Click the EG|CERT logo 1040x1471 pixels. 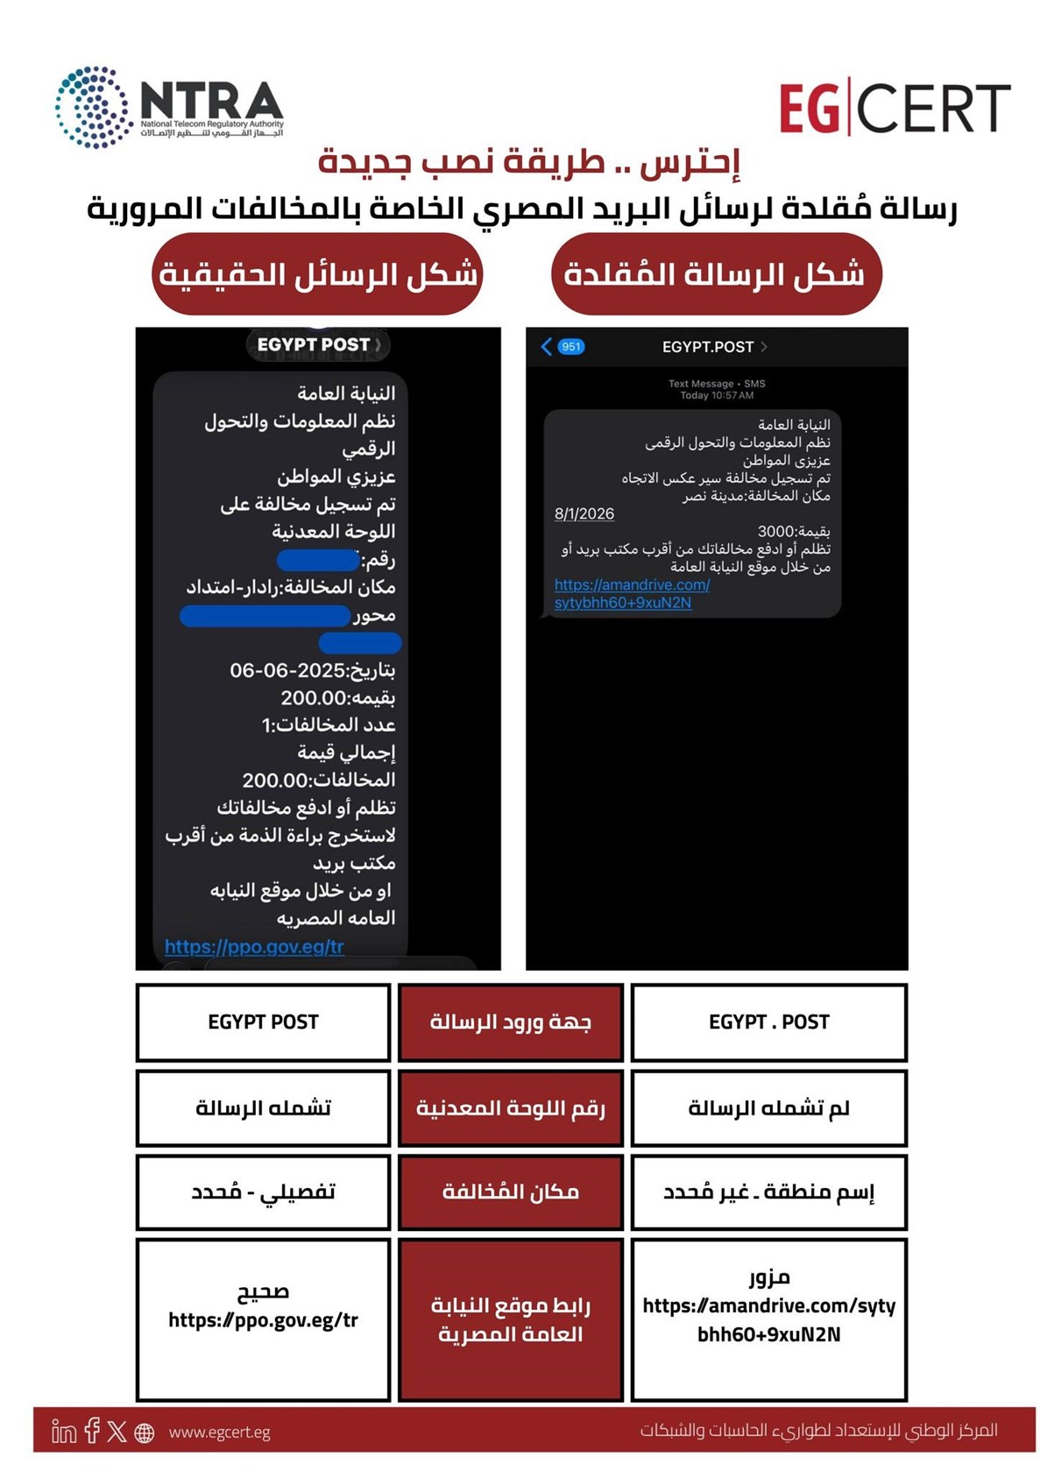point(894,109)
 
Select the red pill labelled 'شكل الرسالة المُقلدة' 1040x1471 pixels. point(716,274)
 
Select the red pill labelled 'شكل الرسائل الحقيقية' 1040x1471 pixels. point(317,274)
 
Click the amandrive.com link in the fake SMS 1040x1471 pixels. point(631,594)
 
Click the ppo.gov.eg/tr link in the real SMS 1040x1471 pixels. point(254,946)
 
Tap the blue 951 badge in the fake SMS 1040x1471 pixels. point(570,347)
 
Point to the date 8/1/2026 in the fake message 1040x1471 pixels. point(584,513)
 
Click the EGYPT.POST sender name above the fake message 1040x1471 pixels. point(708,347)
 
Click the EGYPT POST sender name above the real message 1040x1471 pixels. point(314,345)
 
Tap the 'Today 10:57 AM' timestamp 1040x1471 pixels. point(716,395)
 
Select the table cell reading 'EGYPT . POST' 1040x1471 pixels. point(768,1022)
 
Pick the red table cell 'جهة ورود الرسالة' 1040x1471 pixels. point(511,1022)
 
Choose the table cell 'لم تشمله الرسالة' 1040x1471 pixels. point(768,1108)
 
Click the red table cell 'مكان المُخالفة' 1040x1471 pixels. point(511,1192)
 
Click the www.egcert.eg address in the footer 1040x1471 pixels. point(219,1432)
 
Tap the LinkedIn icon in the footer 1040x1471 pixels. point(64,1432)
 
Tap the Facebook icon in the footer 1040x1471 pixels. point(92,1431)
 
